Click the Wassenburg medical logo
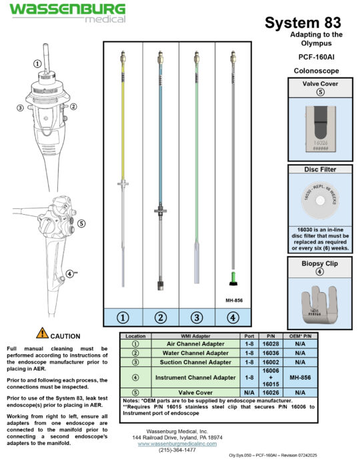pyautogui.click(x=66, y=12)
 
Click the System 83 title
pyautogui.click(x=304, y=23)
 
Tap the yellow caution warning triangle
pyautogui.click(x=42, y=334)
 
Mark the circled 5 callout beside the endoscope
pyautogui.click(x=81, y=223)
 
